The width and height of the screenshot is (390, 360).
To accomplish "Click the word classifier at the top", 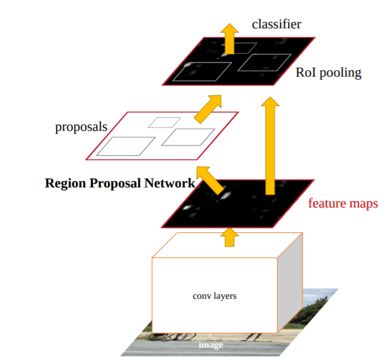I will pos(276,24).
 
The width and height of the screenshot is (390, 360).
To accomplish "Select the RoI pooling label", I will pos(329,73).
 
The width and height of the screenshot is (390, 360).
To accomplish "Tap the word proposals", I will pos(81,127).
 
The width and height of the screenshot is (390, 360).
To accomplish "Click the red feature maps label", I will pos(342,204).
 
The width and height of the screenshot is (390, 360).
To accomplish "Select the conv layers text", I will pos(214,295).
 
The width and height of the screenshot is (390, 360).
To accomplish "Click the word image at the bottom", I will pos(211,345).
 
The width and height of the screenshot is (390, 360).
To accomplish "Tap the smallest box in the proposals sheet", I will pos(164,122).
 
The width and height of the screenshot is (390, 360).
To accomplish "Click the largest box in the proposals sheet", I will pos(125,146).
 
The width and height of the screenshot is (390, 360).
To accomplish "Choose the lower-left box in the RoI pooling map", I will pos(202,72).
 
